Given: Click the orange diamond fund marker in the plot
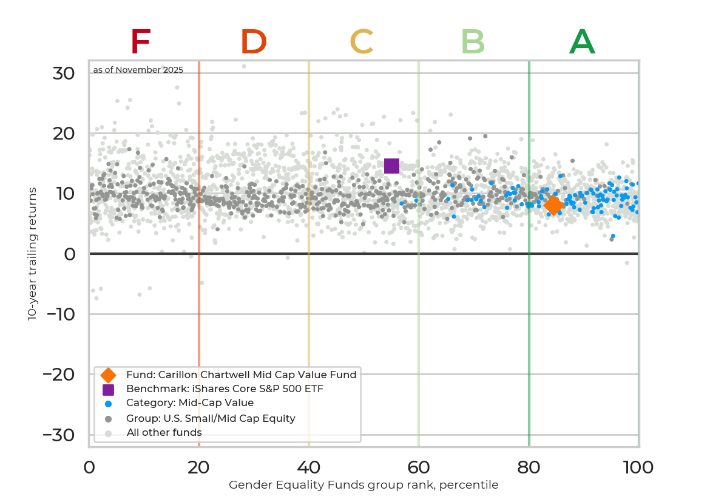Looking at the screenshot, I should [553, 205].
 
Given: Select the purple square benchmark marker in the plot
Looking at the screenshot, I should [391, 166].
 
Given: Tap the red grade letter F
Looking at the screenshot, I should [140, 42].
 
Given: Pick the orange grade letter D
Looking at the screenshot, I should [254, 42].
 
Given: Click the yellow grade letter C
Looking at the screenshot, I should [362, 42].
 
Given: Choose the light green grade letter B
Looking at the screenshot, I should [473, 42].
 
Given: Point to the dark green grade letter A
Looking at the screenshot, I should [582, 42].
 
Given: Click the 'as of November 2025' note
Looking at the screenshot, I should [138, 70].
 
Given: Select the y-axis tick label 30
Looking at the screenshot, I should [64, 73].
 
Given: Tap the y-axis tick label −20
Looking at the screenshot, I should [59, 375].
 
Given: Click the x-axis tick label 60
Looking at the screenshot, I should [418, 467].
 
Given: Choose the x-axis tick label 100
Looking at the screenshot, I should [638, 467].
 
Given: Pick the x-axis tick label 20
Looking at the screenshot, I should [198, 467].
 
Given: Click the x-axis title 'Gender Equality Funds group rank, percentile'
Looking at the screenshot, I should [363, 485].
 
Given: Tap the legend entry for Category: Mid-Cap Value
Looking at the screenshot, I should [189, 403].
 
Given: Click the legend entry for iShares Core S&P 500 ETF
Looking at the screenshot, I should [225, 388].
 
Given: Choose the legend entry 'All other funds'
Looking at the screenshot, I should [164, 432].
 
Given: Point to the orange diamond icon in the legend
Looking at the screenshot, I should [108, 375].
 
